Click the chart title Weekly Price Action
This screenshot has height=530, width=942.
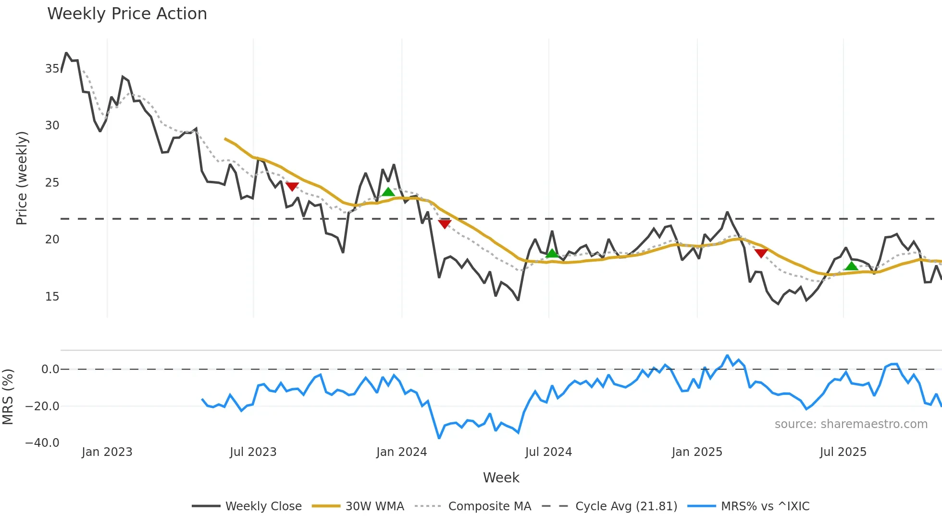pos(127,14)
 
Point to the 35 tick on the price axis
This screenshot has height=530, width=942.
pos(52,69)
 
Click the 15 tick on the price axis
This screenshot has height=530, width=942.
pos(52,297)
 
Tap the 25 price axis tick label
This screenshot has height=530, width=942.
pos(52,183)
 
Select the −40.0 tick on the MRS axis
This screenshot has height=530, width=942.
pos(42,443)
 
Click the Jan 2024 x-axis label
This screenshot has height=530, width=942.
pos(401,452)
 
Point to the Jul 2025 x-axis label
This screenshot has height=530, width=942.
pos(843,452)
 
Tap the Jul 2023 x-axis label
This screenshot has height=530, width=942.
pos(253,452)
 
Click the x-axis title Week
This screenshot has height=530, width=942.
pos(501,478)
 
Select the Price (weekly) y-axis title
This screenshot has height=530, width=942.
pos(22,178)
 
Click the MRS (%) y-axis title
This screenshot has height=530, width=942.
pos(8,397)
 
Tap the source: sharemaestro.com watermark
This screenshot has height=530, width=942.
pos(851,424)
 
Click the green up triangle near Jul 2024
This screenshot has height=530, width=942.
pos(552,253)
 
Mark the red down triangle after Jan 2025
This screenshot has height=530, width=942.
pos(761,253)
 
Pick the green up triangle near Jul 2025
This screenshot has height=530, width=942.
pos(851,266)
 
